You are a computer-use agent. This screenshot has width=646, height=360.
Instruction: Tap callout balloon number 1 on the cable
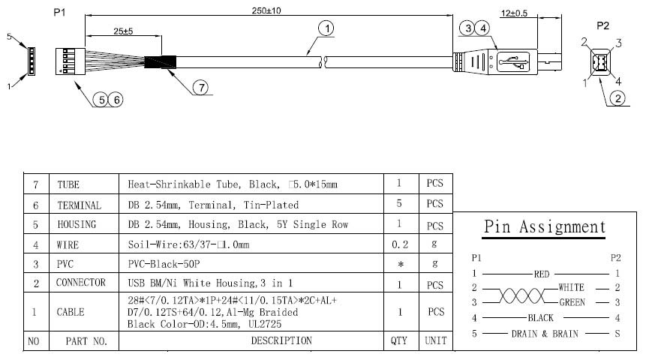coord(326,28)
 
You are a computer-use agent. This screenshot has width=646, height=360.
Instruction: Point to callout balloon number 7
coord(200,87)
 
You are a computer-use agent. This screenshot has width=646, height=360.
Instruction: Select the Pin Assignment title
coord(545,226)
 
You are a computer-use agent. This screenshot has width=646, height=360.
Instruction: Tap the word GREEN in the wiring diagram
coord(573,302)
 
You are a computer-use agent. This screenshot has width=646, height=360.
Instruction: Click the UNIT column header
coord(435,340)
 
